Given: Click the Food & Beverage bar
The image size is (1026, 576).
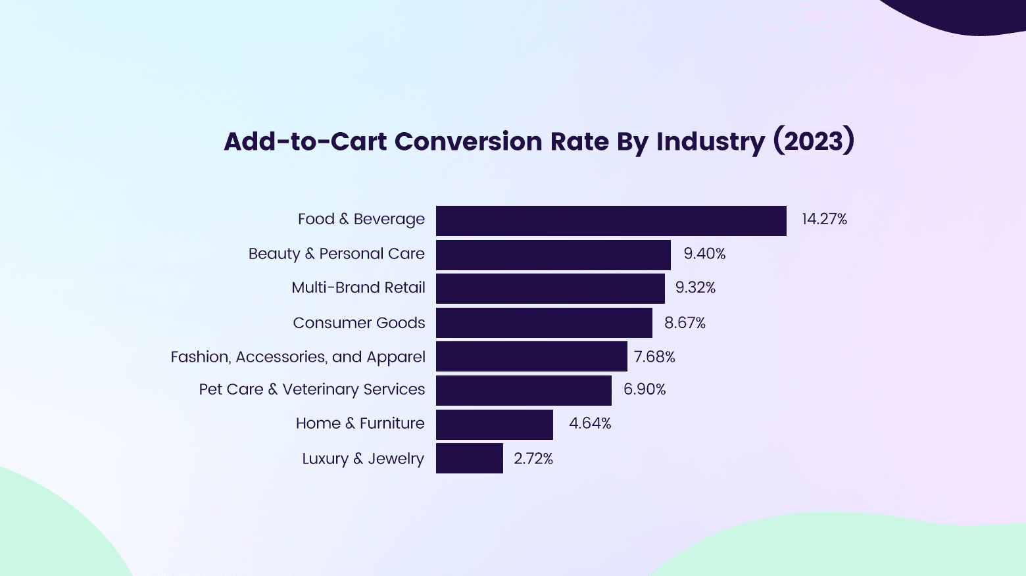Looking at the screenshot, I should pos(611,221).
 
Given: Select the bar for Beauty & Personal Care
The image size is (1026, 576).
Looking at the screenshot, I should pos(553,255).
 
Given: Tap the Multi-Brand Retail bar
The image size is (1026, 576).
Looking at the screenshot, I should pos(550,289).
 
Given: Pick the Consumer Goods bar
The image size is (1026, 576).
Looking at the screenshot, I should pos(544,323).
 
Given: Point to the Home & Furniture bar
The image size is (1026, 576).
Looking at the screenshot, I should pos(495,425).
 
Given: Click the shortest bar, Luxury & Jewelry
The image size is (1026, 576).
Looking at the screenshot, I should pos(470,458).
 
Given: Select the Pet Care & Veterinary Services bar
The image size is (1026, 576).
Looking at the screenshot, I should pos(524,391).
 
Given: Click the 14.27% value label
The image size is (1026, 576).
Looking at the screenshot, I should pos(824,220).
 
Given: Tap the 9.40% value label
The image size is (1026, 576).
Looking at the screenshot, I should pos(704,254).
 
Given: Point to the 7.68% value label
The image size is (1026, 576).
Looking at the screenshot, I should pos(654,357).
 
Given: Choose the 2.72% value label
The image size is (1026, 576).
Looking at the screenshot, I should pos(533,459).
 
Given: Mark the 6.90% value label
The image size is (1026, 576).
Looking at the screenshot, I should pos(645,390).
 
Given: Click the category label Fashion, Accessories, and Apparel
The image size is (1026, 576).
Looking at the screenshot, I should pos(298,357).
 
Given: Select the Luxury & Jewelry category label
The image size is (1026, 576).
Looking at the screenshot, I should pos(363,459).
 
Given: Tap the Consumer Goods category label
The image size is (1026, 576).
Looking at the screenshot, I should pos(359,323).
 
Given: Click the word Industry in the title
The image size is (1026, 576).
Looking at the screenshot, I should pos(710,142).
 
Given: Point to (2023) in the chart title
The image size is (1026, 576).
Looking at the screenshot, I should pos(813,142).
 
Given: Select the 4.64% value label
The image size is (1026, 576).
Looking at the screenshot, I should pos(590,423).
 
